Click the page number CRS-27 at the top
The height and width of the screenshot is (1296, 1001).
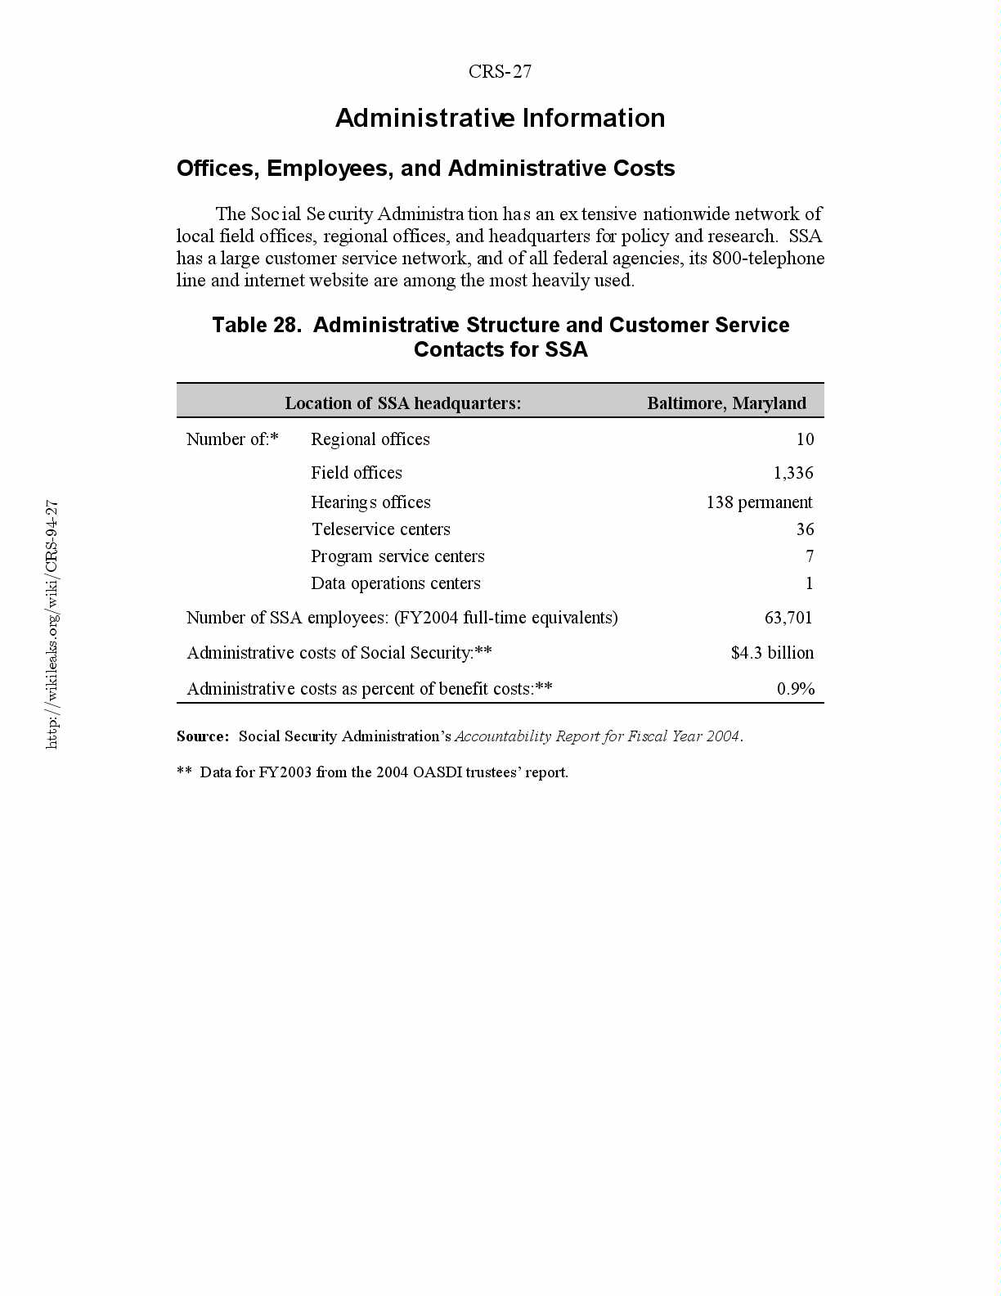click(x=500, y=72)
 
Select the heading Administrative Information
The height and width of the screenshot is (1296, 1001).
click(x=500, y=119)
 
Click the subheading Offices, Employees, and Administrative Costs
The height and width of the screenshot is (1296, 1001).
click(x=425, y=169)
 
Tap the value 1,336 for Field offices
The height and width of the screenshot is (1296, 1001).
click(x=793, y=473)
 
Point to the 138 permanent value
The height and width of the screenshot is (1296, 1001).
click(x=759, y=502)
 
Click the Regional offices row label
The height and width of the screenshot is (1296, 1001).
click(x=370, y=439)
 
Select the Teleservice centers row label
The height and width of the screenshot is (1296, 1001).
click(x=380, y=529)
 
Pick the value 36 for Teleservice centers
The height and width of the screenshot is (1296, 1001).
click(x=805, y=529)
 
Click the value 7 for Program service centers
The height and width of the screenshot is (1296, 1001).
click(x=809, y=556)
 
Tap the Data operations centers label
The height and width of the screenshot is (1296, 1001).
click(x=395, y=583)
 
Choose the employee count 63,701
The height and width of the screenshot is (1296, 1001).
click(x=788, y=618)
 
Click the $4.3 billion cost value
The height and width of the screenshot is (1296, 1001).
click(x=772, y=653)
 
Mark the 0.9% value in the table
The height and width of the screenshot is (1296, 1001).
click(x=795, y=689)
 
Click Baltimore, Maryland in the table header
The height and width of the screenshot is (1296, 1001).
click(x=726, y=403)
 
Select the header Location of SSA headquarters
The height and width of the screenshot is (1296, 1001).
click(x=402, y=403)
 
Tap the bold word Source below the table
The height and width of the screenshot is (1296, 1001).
click(x=202, y=736)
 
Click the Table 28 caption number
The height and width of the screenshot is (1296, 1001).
click(x=256, y=326)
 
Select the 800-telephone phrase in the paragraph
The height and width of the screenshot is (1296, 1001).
click(x=768, y=259)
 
